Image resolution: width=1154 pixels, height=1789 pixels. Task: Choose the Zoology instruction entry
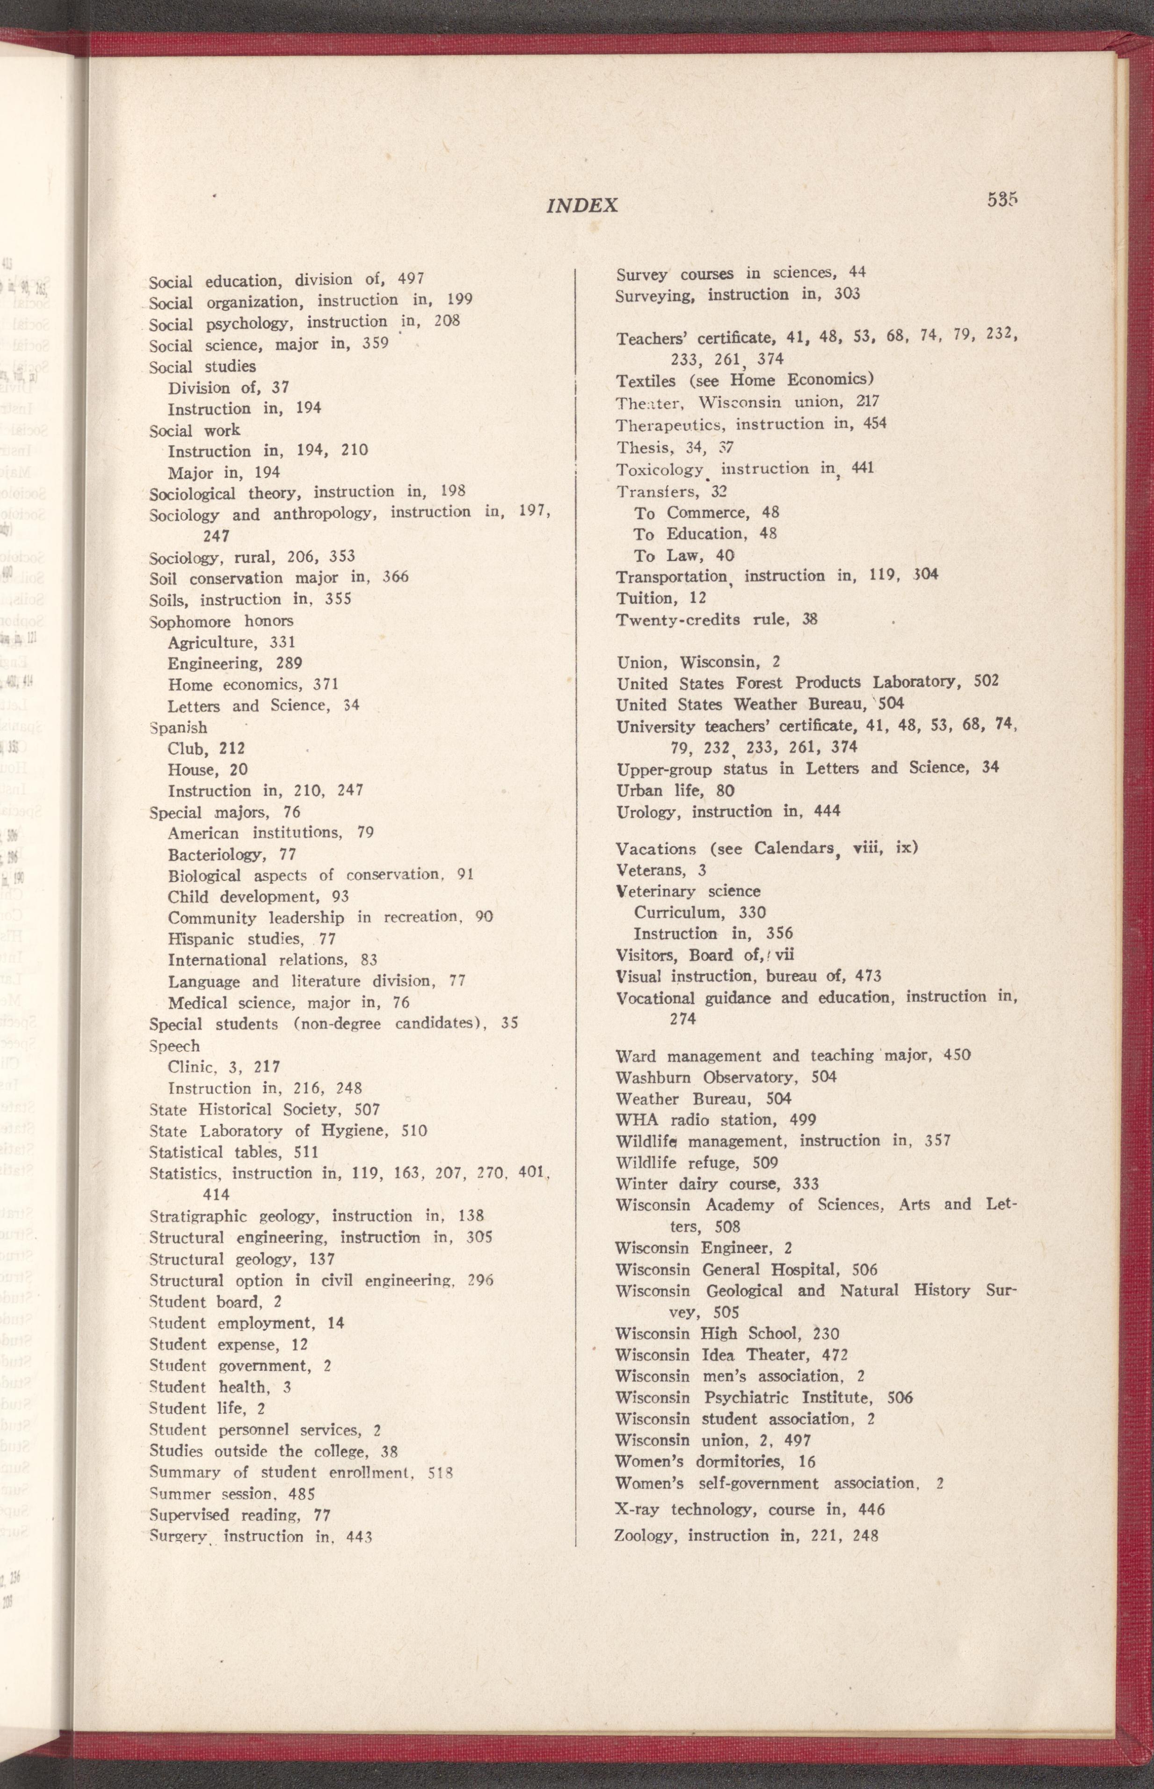pyautogui.click(x=746, y=1739)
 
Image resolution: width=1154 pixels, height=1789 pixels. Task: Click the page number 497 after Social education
pyautogui.click(x=411, y=279)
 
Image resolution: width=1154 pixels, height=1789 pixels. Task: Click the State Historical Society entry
pyautogui.click(x=264, y=1109)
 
